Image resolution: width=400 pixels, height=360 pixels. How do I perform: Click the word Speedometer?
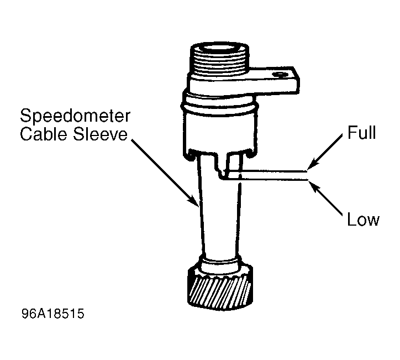[x=75, y=117]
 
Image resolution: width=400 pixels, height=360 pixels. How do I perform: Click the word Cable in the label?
[x=44, y=134]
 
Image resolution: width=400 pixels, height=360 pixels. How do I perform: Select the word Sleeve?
[x=100, y=134]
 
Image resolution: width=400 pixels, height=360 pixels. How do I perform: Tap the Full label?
[x=362, y=132]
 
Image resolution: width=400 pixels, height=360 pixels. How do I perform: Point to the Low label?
[x=364, y=220]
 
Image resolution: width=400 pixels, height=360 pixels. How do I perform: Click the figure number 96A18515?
[x=53, y=314]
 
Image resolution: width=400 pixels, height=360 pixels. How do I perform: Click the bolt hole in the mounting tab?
[x=280, y=75]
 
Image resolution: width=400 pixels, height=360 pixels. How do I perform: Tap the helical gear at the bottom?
[x=220, y=289]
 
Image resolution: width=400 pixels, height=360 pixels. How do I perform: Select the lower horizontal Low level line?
[x=265, y=180]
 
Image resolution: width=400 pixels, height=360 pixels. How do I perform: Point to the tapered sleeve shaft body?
[x=219, y=217]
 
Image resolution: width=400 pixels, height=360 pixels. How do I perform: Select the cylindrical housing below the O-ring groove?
[x=220, y=133]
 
